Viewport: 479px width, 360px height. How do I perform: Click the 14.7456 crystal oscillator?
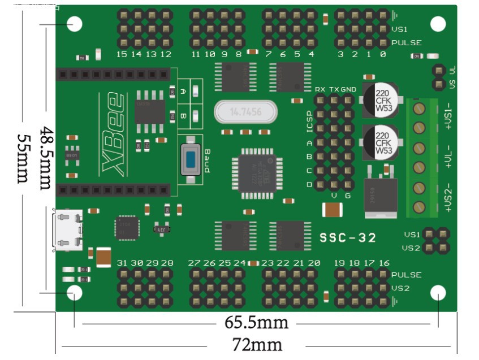(245, 112)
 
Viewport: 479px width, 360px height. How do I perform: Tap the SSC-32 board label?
(348, 238)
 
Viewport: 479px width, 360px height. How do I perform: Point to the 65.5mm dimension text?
(256, 323)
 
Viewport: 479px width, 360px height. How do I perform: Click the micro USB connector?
(67, 229)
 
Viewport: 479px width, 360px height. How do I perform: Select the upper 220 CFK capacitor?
(379, 100)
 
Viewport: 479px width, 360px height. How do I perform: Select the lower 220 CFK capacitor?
(379, 142)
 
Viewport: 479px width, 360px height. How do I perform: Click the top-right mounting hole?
(438, 24)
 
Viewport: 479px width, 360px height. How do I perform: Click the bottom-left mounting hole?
(74, 293)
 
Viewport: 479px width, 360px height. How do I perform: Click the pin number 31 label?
(122, 263)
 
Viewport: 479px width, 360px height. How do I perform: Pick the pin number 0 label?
(383, 55)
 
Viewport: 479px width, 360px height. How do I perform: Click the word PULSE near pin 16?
(407, 275)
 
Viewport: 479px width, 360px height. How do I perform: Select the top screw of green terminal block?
(419, 107)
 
